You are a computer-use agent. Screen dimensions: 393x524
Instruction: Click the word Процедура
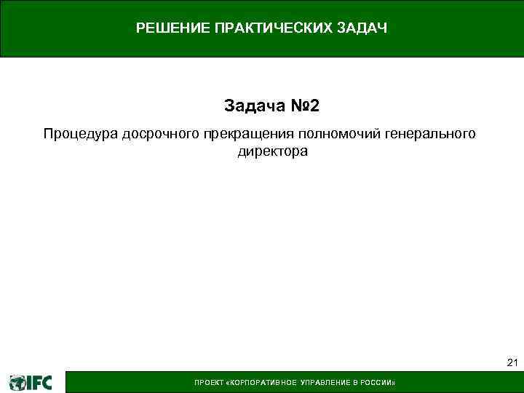point(80,135)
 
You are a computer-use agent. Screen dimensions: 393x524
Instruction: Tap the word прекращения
point(245,135)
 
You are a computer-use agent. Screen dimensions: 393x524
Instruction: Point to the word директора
point(272,152)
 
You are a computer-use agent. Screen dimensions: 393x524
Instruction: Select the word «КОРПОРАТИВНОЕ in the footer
point(257,383)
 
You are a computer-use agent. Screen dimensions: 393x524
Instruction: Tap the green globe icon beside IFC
point(17,382)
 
